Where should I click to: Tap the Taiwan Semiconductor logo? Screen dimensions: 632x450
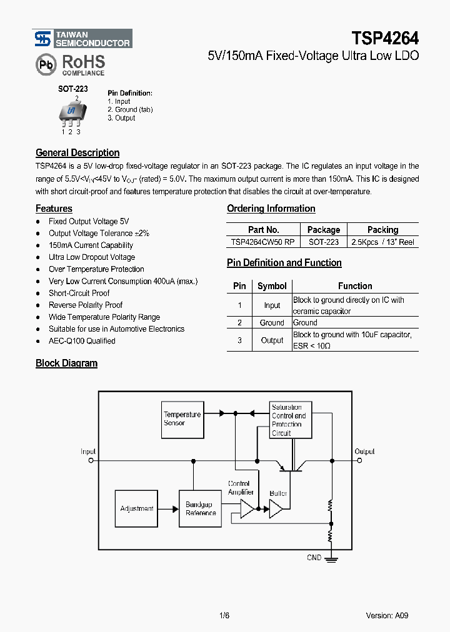[82, 39]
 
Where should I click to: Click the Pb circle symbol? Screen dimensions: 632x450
[46, 65]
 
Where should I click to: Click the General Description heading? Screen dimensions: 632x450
[77, 152]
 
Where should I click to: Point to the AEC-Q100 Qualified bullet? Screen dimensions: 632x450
[82, 341]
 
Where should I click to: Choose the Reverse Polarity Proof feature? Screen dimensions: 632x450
[86, 305]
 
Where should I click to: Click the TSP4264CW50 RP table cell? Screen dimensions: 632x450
[263, 242]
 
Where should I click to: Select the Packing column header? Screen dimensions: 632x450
[382, 230]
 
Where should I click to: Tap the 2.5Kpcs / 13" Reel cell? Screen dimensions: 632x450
[382, 242]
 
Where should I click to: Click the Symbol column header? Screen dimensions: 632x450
[272, 286]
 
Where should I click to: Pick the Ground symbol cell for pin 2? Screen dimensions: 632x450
[272, 323]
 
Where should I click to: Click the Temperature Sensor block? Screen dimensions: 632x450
[182, 418]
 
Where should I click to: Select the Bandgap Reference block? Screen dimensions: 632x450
[201, 508]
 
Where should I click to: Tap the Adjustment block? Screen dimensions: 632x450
[137, 508]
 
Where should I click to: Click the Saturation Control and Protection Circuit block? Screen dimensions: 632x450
[289, 420]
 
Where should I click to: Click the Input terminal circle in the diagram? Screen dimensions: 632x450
[91, 461]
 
